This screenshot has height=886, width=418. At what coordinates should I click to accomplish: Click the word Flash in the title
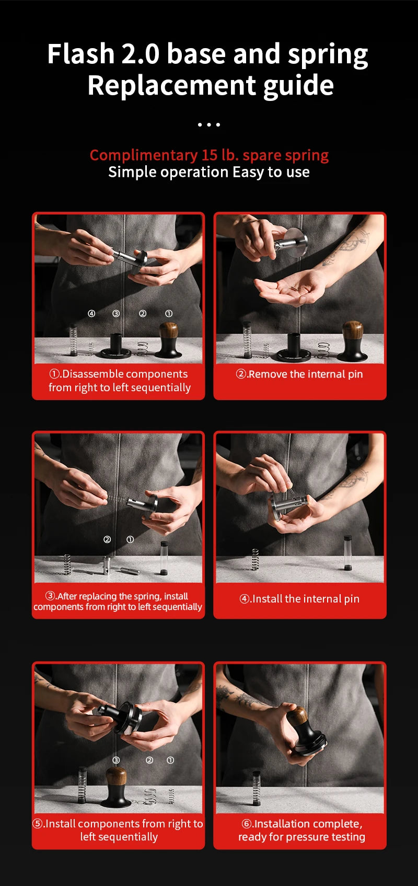(x=81, y=54)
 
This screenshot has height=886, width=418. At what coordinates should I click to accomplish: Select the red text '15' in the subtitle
(x=210, y=155)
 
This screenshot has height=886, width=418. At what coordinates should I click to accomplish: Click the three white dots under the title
(x=209, y=124)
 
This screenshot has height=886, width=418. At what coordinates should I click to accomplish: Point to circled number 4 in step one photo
(x=91, y=314)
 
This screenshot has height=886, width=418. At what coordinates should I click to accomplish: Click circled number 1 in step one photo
(x=169, y=314)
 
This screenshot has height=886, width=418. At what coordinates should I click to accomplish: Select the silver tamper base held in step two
(x=292, y=243)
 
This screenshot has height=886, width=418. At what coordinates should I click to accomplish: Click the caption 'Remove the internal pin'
(x=305, y=374)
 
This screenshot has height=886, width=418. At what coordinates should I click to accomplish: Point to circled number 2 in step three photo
(x=107, y=540)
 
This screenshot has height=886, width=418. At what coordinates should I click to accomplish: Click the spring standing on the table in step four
(x=255, y=559)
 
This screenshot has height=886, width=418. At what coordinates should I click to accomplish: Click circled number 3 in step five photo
(x=116, y=760)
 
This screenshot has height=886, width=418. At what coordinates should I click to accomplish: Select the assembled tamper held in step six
(x=307, y=731)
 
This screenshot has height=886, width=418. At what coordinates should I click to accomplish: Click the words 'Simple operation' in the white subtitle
(x=168, y=173)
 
